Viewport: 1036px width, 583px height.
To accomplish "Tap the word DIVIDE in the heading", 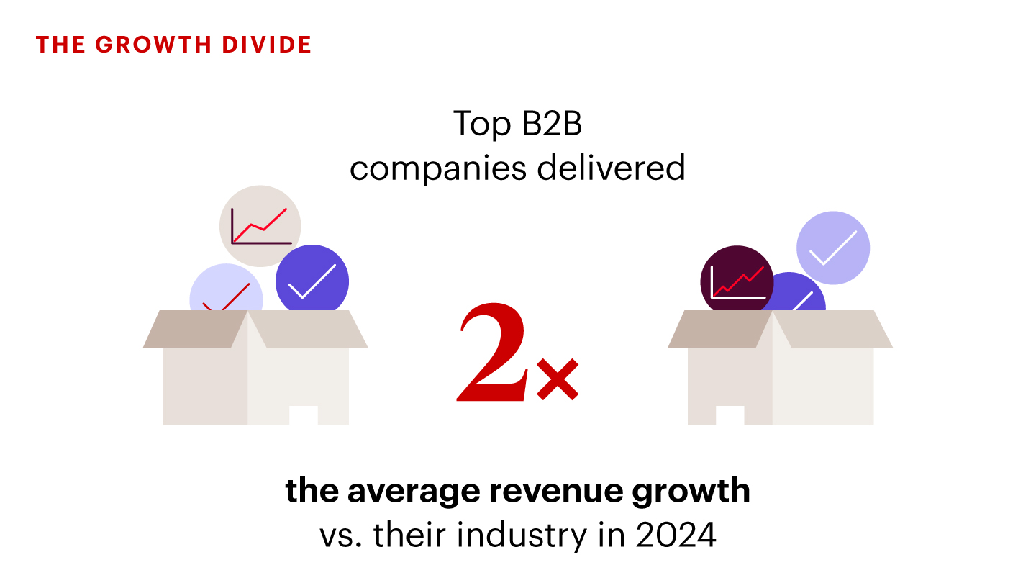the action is click(x=267, y=45).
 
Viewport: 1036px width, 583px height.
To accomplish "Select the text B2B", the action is click(x=552, y=124).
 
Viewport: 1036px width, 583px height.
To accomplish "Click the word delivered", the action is click(x=611, y=168).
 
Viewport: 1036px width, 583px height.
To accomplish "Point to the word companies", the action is click(x=438, y=170).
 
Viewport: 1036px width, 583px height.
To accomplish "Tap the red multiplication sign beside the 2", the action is click(x=558, y=379).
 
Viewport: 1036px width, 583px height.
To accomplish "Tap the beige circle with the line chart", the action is click(x=260, y=226).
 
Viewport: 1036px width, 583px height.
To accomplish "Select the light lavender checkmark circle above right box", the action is click(x=833, y=248).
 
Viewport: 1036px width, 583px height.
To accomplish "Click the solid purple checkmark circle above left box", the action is click(x=312, y=279).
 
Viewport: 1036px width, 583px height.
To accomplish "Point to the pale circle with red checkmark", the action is click(x=226, y=288).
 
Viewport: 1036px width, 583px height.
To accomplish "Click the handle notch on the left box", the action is click(x=304, y=415).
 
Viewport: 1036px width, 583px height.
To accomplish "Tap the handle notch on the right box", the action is click(x=730, y=415).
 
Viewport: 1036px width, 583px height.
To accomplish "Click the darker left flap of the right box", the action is click(x=719, y=329).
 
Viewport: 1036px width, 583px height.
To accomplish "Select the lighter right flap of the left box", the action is click(x=308, y=329).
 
